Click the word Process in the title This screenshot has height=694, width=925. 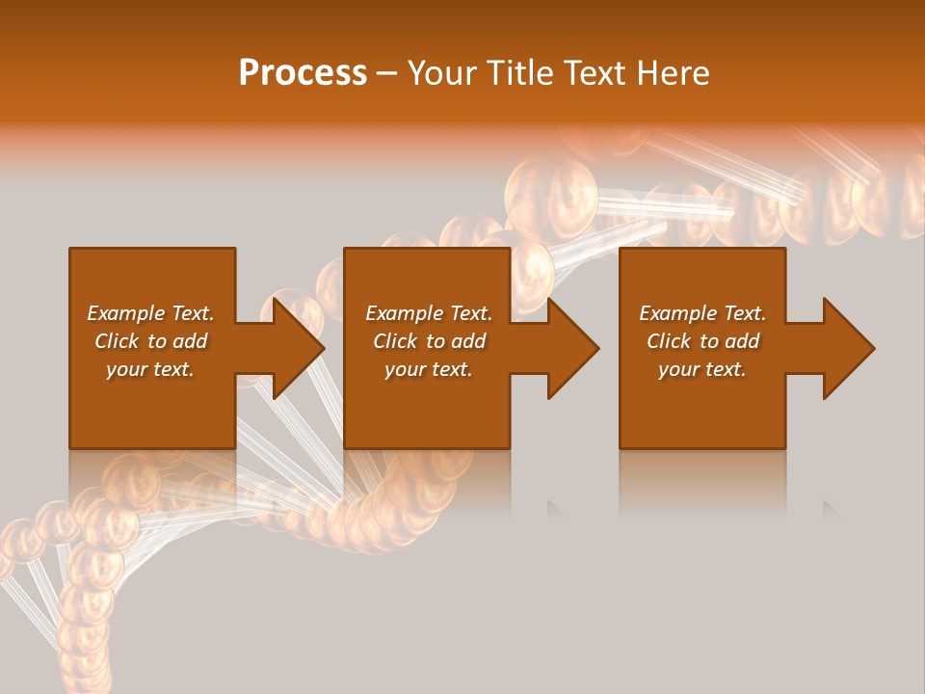coord(303,73)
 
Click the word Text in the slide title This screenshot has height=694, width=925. coord(595,73)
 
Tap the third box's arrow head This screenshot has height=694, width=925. coord(847,348)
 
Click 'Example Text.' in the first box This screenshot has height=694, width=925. coord(150,313)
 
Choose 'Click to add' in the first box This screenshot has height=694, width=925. coord(150,341)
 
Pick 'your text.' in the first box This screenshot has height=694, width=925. coord(150,369)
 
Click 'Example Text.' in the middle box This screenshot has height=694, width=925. coord(429,313)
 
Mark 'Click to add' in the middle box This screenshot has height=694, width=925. coord(429,341)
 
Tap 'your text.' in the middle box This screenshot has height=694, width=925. coord(429,369)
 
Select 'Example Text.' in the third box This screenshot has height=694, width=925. coord(702,313)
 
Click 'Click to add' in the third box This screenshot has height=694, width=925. coord(702,341)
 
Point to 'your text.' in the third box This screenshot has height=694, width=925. coord(702,369)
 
